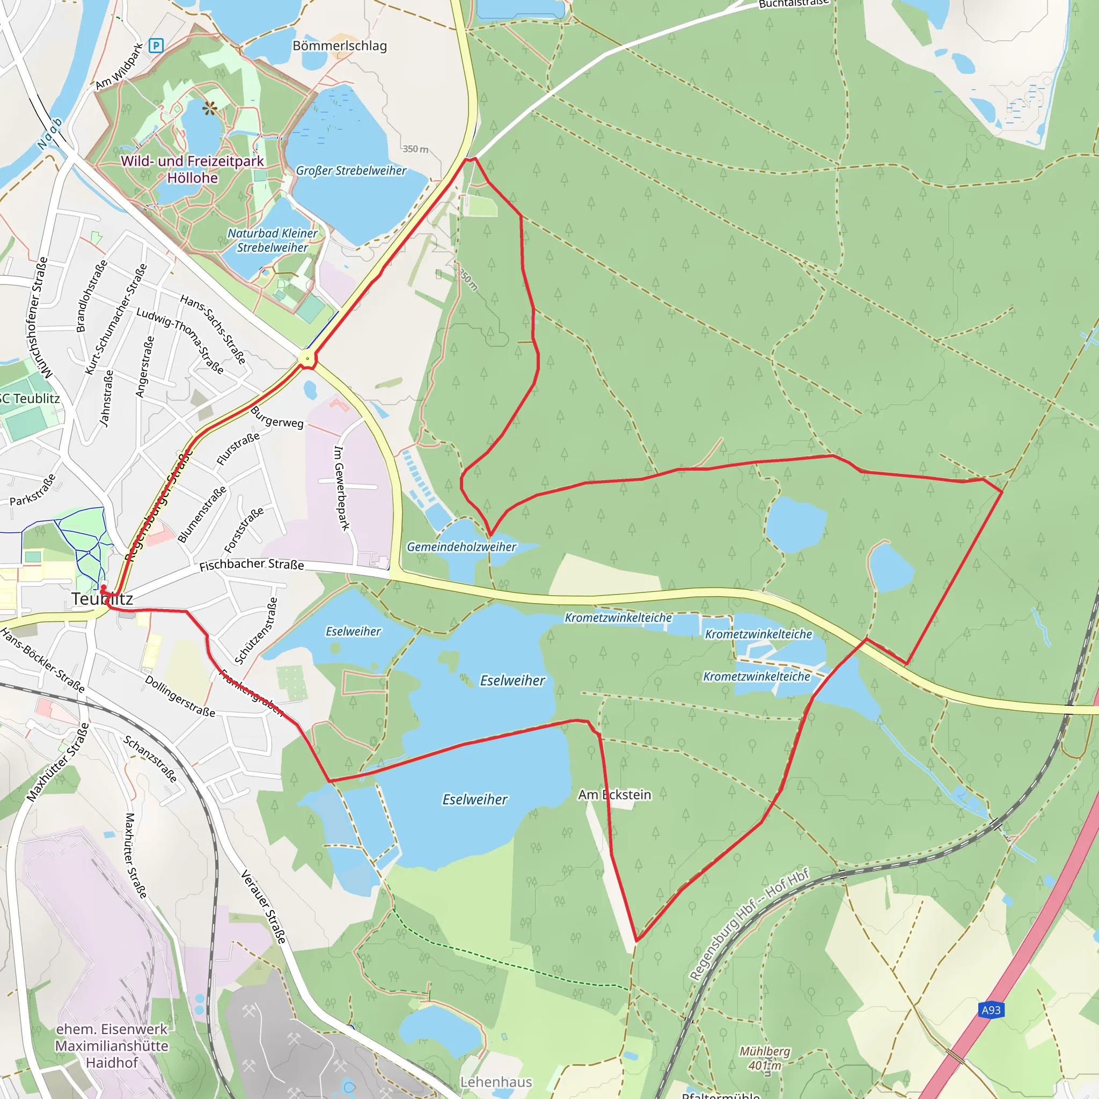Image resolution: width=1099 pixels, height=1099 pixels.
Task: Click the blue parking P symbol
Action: coord(156,46)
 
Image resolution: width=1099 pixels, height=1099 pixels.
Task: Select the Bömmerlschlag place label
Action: coord(340,46)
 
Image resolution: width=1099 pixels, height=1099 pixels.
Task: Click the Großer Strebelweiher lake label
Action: coord(351,171)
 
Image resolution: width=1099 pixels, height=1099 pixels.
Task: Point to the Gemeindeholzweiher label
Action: coord(461,547)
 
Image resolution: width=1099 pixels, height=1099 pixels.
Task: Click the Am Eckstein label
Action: coord(614,795)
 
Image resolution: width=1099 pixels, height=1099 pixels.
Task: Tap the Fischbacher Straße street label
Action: coord(252,565)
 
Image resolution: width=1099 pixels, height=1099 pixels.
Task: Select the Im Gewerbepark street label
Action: coord(341,488)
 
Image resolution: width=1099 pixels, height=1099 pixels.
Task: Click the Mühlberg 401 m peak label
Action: coord(765,1058)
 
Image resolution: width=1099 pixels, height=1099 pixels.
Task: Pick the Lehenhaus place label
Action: coord(496,1081)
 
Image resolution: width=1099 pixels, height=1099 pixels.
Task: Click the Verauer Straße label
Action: coord(263,907)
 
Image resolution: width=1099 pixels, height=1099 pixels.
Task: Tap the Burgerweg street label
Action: coord(277,417)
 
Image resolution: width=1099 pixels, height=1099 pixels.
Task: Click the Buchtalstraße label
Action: coord(794,4)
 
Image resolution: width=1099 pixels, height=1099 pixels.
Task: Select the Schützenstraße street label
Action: coord(257,631)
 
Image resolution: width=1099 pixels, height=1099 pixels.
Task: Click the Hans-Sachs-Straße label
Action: coord(214,329)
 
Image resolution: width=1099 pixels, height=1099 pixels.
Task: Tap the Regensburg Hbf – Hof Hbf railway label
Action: coord(749,925)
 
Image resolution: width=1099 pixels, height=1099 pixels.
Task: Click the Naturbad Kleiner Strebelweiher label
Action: coord(273,240)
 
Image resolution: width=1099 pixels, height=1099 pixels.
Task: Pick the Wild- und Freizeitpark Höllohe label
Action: coord(192,170)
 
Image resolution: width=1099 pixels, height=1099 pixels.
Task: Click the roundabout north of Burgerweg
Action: coord(307,358)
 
